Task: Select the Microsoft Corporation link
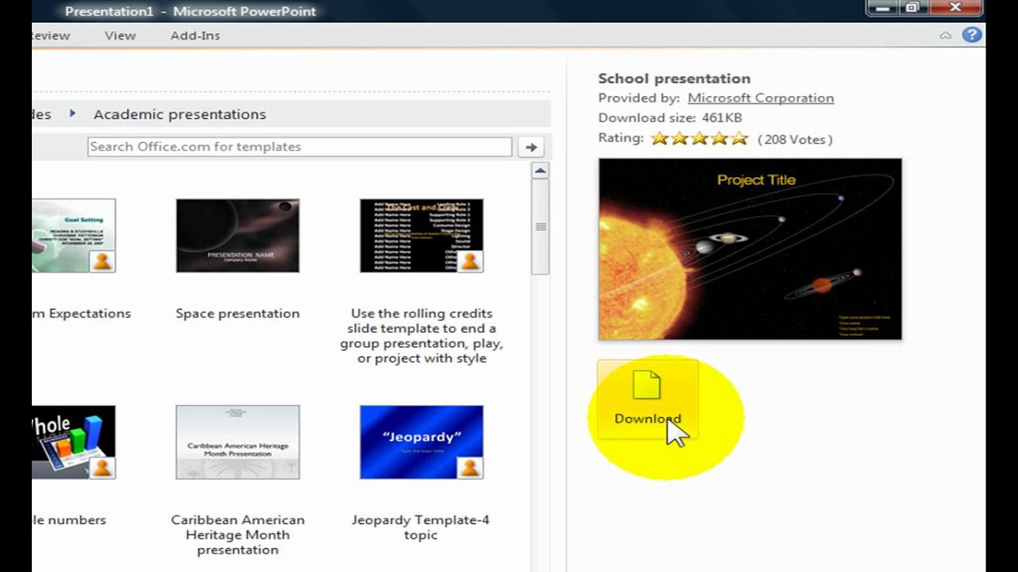pos(760,98)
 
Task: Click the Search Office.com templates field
pos(299,147)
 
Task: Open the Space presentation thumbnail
pos(238,235)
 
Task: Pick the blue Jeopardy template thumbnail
pos(421,442)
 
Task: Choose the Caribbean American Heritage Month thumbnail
pos(238,442)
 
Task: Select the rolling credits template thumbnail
pos(421,235)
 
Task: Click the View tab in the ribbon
pos(120,36)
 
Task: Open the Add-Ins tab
pos(195,36)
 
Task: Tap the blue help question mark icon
pos(971,35)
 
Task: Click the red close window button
pos(955,7)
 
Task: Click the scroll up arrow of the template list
pos(540,171)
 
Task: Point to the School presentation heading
pos(674,79)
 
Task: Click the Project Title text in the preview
pos(756,180)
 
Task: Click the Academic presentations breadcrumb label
pos(180,114)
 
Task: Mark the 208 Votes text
pos(795,140)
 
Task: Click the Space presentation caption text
pos(238,314)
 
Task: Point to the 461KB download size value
pos(721,118)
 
